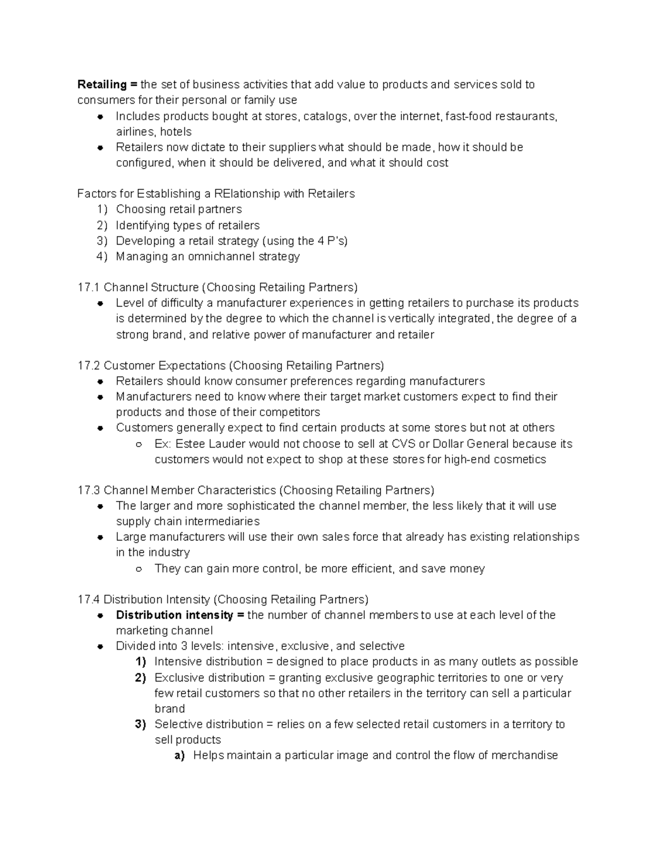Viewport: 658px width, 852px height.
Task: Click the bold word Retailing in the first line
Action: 102,84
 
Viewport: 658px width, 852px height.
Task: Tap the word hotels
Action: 175,132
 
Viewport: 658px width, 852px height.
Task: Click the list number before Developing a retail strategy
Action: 102,241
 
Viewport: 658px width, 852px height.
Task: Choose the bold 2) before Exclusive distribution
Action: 140,678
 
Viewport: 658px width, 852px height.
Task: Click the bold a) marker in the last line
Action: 179,755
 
